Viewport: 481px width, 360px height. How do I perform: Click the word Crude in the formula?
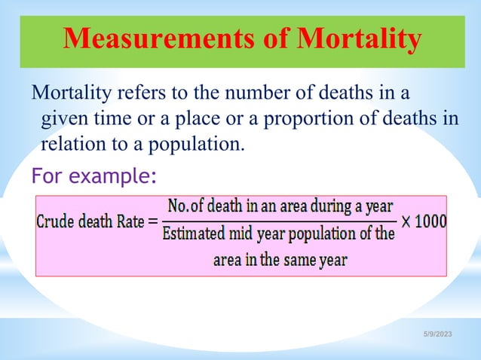57,223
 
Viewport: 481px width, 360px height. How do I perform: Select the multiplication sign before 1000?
406,223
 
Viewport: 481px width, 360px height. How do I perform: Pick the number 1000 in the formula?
430,223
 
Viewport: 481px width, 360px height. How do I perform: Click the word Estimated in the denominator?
192,234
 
